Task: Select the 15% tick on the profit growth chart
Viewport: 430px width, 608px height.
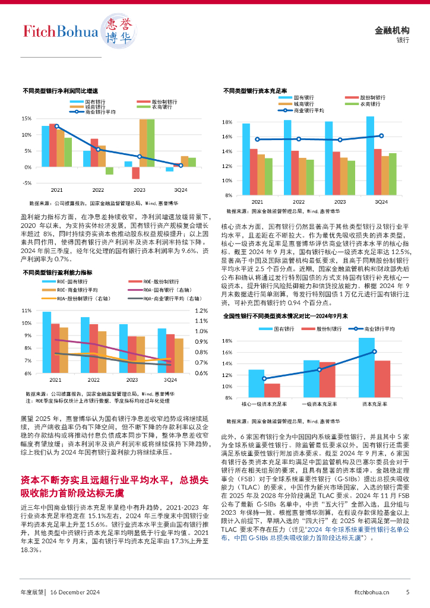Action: tap(27, 119)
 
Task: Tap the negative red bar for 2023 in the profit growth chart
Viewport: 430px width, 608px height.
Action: tap(135, 173)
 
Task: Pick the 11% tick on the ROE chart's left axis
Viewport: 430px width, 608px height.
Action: tap(26, 311)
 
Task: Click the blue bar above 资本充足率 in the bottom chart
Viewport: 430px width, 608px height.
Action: tap(366, 368)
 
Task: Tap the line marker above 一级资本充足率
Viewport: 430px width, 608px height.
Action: tap(319, 369)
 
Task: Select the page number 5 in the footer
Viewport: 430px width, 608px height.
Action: tap(407, 591)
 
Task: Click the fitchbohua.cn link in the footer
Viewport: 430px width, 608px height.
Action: tap(372, 591)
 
